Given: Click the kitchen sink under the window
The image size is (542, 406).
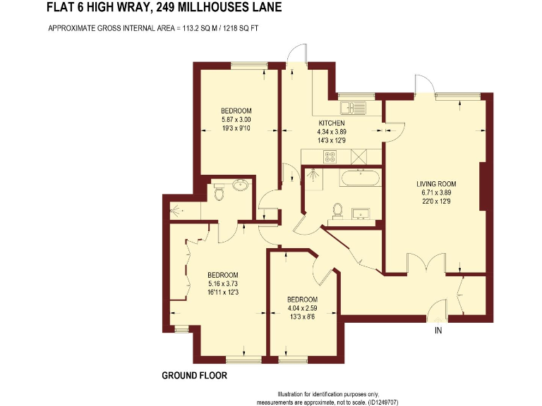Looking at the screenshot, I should [350, 109].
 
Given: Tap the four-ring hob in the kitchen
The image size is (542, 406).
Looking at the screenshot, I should [329, 156].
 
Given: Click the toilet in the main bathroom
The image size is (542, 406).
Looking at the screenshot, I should [338, 209].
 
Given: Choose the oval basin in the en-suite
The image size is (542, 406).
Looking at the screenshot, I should [241, 186].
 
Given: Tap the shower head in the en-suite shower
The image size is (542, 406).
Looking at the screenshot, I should [177, 209].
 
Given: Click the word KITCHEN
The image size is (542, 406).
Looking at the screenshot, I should [332, 123].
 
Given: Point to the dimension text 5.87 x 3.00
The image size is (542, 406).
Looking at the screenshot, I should [236, 120].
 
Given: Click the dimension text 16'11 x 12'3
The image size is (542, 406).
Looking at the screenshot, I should [222, 292].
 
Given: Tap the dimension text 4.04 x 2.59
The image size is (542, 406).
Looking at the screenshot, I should [303, 308].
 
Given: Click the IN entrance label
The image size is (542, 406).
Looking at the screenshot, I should [439, 331].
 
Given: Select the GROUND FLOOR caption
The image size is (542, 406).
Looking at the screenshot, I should [194, 376].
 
